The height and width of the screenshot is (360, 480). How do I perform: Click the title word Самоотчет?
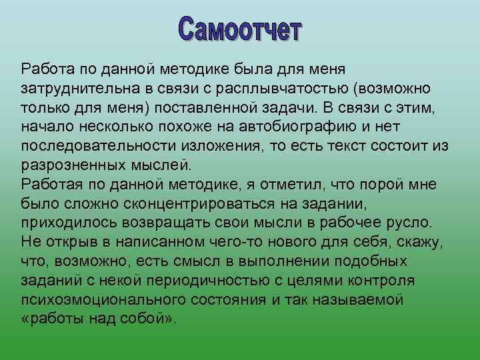pyautogui.click(x=241, y=31)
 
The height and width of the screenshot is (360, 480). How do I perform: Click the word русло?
pyautogui.click(x=413, y=221)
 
